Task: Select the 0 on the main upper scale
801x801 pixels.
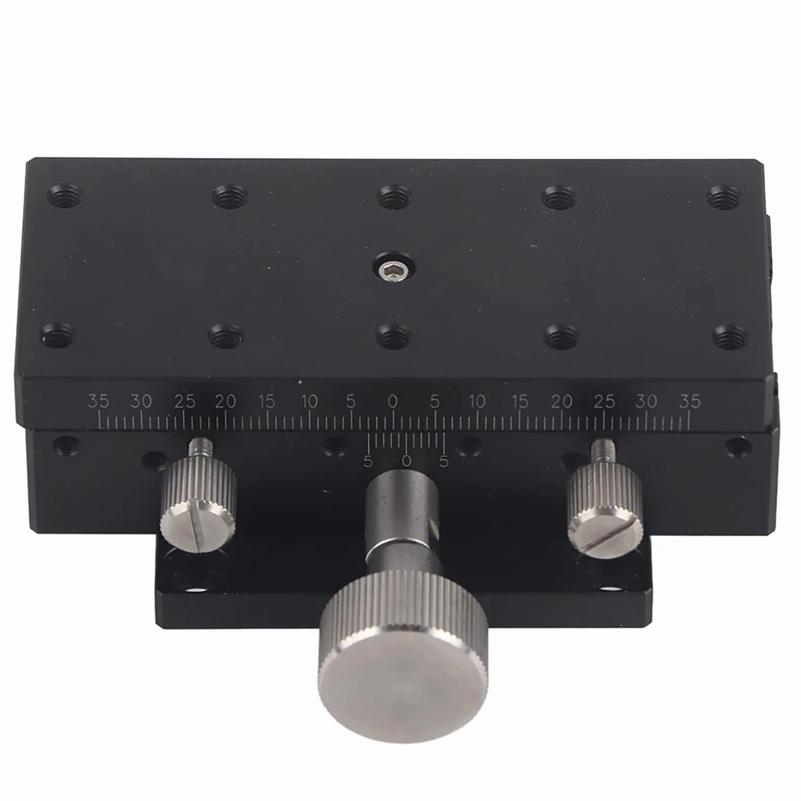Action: [392, 402]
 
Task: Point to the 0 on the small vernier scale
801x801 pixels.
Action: [406, 460]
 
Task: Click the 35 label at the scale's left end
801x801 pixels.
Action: [98, 401]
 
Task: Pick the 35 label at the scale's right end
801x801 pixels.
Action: [689, 401]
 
